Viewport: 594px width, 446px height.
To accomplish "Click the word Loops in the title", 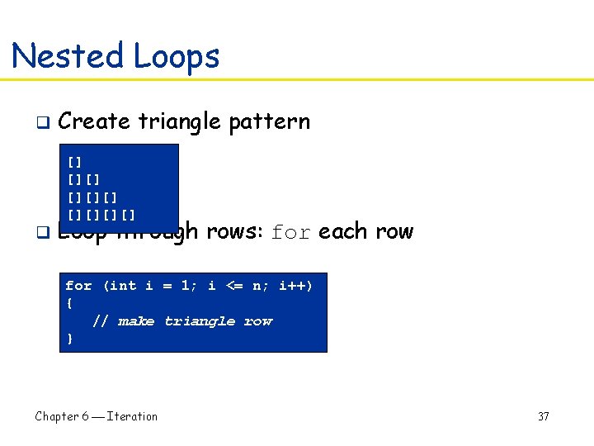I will pos(176,56).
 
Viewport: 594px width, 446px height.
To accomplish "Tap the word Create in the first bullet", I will pos(94,121).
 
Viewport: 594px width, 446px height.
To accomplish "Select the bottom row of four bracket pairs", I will pos(101,215).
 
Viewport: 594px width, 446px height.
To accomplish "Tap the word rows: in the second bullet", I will pos(234,231).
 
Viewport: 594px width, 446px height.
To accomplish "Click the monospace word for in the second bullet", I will pos(291,232).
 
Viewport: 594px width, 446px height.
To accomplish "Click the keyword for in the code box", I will pos(78,286).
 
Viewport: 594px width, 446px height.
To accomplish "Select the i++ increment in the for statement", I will pos(295,286).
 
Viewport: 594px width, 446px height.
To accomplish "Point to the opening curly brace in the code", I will pos(68,303).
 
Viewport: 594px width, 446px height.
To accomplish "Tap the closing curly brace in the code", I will pos(68,339).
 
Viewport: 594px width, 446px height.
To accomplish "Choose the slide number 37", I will pos(543,416).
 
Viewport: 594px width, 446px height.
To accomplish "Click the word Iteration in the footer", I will pos(132,416).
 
